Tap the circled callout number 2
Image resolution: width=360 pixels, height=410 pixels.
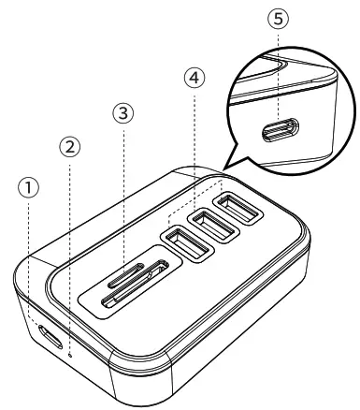click(x=70, y=147)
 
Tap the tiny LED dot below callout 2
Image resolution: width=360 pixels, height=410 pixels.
click(x=70, y=354)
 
